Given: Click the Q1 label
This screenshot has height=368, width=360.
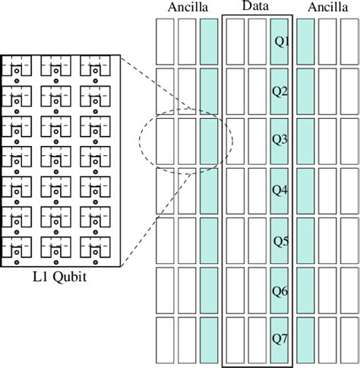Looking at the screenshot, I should (x=280, y=43).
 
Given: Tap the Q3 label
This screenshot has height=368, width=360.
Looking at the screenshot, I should (x=280, y=141).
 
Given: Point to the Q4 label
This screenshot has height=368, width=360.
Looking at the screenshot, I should (x=280, y=191).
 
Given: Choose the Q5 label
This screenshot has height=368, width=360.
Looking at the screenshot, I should (x=281, y=242).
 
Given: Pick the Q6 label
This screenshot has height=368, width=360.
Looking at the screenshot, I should (x=280, y=291).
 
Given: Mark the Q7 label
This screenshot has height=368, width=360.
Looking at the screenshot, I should (x=280, y=341).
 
